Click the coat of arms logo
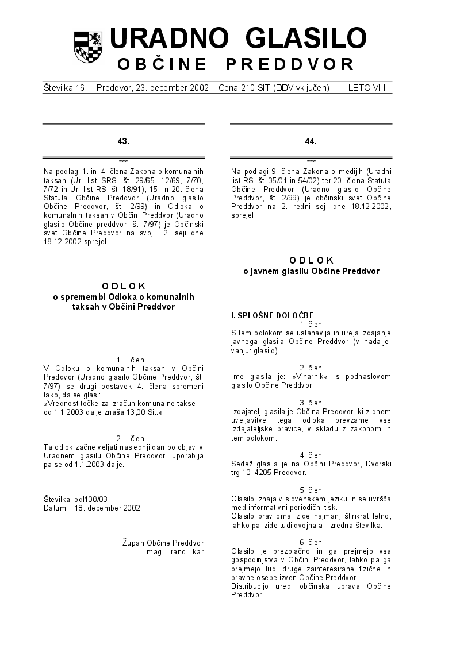coord(88,47)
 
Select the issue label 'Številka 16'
coord(64,88)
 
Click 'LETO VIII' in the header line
coord(366,88)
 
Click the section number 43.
coord(123,141)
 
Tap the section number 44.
coord(311,141)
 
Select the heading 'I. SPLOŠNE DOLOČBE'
coord(272,315)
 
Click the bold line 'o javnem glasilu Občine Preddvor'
coord(311,271)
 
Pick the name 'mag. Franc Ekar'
coord(175,552)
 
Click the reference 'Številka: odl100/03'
coord(75,499)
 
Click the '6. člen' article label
coord(311,542)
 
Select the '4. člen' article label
coord(311,455)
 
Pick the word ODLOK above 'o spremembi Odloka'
coord(124,285)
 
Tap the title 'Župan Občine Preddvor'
coord(163,543)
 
